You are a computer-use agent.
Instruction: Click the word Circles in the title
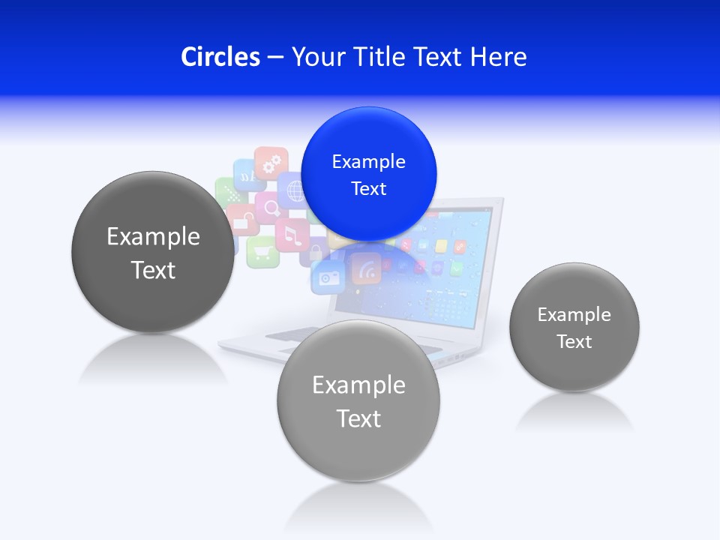pyautogui.click(x=220, y=56)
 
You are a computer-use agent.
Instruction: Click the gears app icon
pyautogui.click(x=271, y=162)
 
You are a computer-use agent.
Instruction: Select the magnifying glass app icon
pyautogui.click(x=268, y=206)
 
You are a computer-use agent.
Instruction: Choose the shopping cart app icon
pyautogui.click(x=262, y=250)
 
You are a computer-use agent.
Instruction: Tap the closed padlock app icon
pyautogui.click(x=316, y=250)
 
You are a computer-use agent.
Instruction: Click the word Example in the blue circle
pyautogui.click(x=368, y=161)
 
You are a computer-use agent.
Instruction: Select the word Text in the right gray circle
pyautogui.click(x=574, y=341)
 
